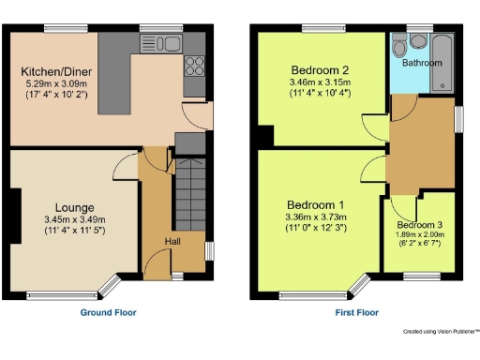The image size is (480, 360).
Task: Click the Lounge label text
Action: tap(74, 207)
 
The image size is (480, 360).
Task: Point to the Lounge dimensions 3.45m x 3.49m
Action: tap(74, 219)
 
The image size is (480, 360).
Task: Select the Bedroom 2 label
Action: tap(320, 71)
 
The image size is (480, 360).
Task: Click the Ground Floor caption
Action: tap(109, 312)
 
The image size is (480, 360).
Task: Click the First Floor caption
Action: tap(356, 312)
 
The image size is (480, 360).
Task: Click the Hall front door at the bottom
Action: tap(177, 275)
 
